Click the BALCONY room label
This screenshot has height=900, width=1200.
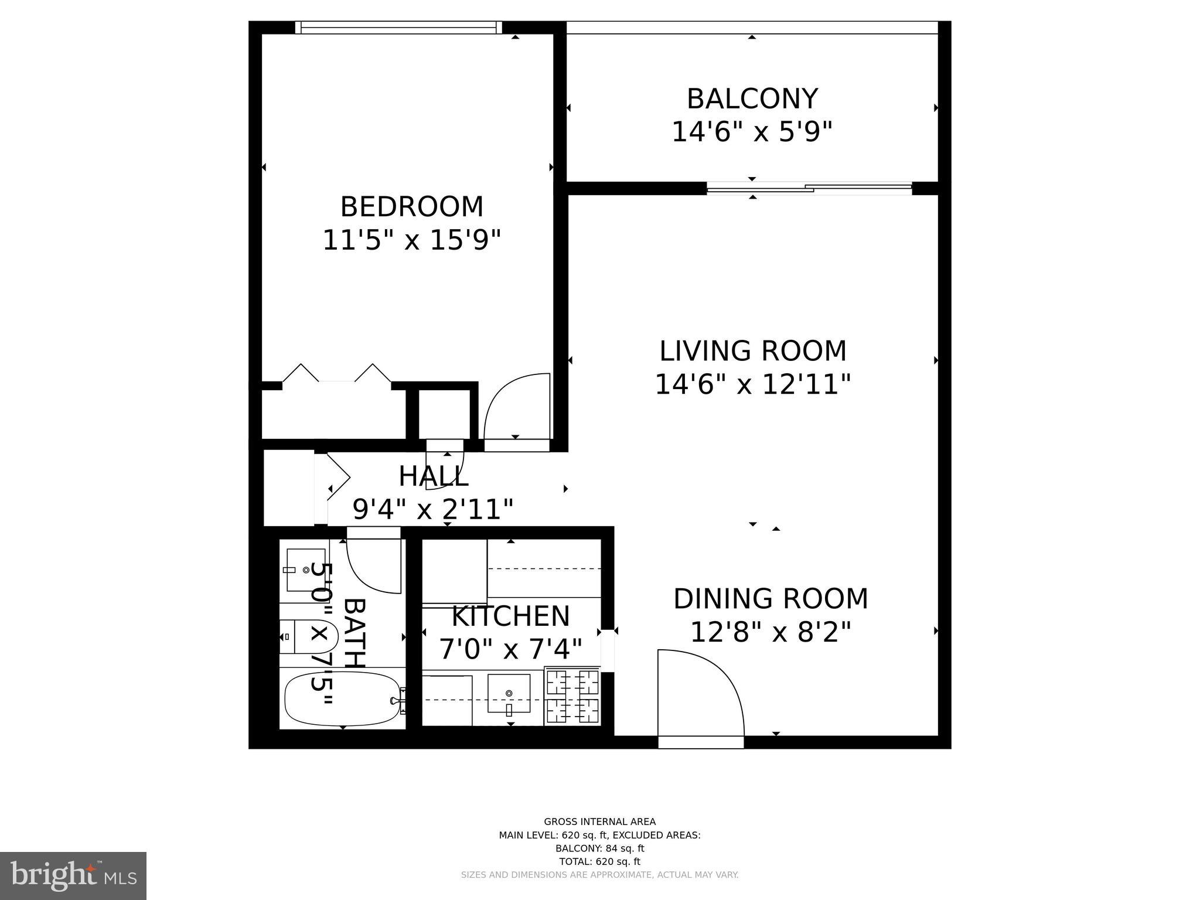[752, 99]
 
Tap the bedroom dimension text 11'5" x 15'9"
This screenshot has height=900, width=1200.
[412, 240]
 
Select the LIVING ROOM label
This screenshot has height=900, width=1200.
[753, 352]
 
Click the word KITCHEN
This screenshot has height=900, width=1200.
[510, 616]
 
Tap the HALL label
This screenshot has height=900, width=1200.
[434, 477]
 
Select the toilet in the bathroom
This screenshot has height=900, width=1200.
[308, 636]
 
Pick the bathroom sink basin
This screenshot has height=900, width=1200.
[305, 570]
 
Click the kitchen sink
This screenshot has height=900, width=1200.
[509, 694]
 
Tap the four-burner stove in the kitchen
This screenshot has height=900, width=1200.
[572, 696]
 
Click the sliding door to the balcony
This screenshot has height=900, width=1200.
[809, 189]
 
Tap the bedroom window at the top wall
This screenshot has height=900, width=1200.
[398, 27]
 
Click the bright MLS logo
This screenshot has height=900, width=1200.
[73, 875]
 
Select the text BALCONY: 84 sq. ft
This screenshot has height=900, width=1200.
[599, 848]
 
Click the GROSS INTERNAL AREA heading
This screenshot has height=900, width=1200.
[599, 821]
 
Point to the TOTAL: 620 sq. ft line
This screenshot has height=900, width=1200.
[599, 861]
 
